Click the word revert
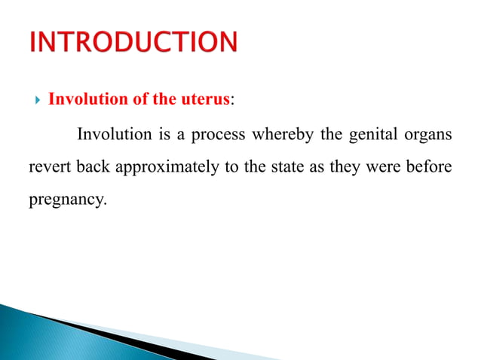pos(47,168)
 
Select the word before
pos(430,168)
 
